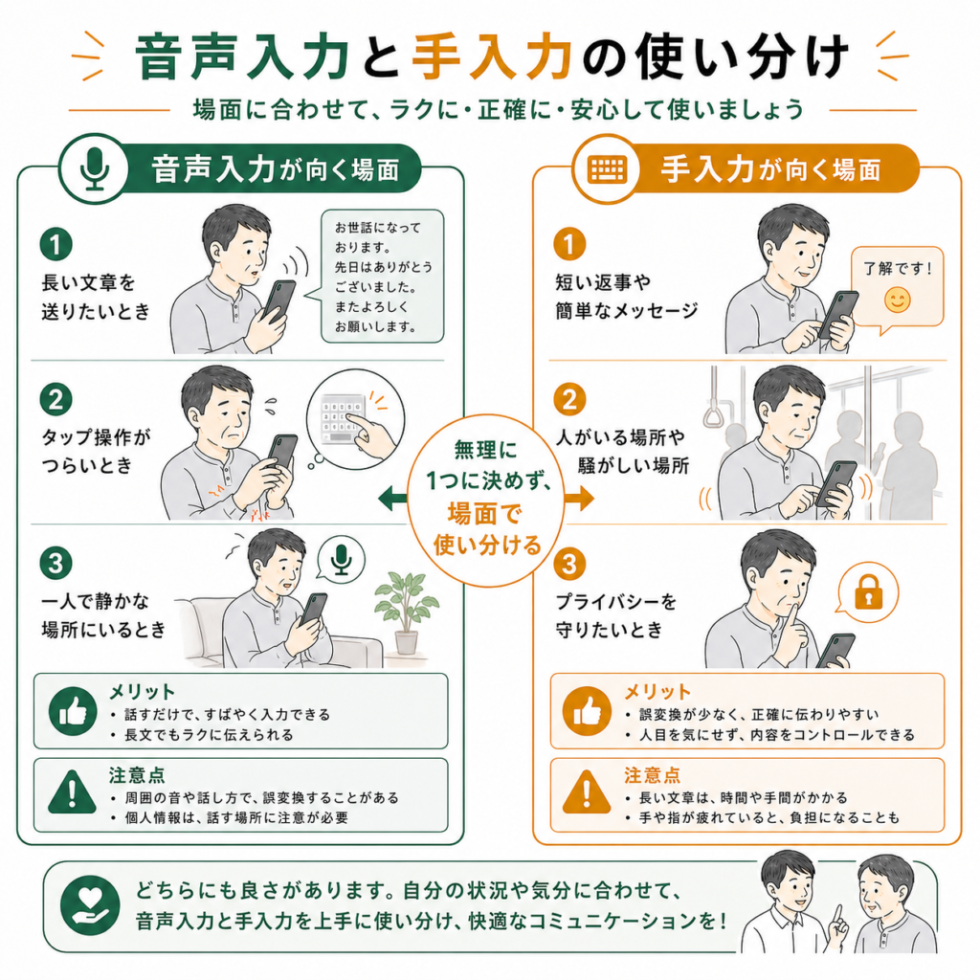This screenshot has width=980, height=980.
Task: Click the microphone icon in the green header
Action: [95, 168]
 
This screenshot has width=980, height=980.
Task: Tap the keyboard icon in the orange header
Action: [606, 168]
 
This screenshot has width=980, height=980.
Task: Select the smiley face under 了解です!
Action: [897, 300]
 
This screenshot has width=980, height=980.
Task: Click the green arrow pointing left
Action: [393, 499]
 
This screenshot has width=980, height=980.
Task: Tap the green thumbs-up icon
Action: [73, 711]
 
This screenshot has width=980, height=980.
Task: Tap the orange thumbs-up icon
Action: [587, 711]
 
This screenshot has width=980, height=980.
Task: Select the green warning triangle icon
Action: [73, 792]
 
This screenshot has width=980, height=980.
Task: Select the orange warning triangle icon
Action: [587, 792]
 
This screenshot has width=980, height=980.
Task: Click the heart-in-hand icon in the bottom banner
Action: [90, 905]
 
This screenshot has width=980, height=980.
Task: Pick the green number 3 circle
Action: [56, 563]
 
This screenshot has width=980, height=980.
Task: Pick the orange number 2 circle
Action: [569, 399]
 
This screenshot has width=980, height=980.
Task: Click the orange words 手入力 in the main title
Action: [493, 57]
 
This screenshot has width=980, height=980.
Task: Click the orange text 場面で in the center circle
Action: [484, 514]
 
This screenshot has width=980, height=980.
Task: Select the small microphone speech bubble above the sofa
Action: [342, 560]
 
